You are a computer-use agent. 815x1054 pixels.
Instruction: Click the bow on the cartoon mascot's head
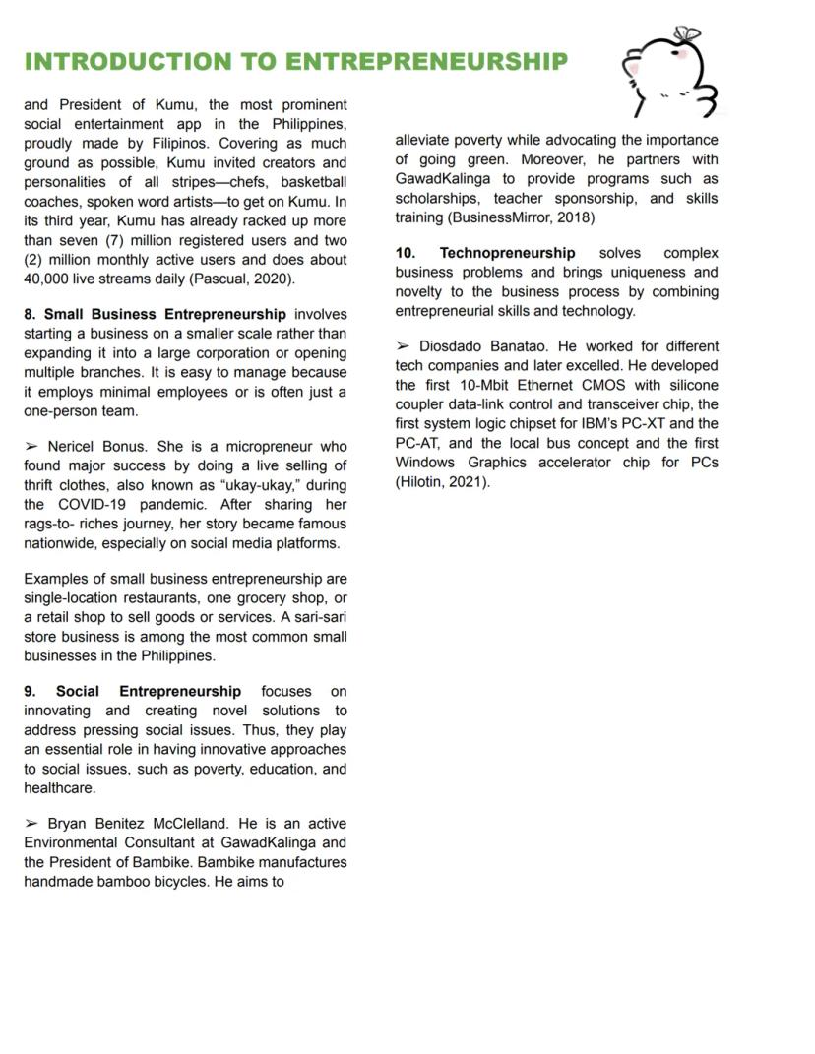tap(688, 34)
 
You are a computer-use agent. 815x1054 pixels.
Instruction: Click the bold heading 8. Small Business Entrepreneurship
tap(156, 315)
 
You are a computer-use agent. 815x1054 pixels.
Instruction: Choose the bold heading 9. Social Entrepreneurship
tap(133, 692)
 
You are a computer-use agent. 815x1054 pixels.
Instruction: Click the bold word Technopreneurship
tap(507, 253)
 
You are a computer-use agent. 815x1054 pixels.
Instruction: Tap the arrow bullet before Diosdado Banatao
tap(403, 346)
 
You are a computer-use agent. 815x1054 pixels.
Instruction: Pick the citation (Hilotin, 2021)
tap(442, 482)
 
